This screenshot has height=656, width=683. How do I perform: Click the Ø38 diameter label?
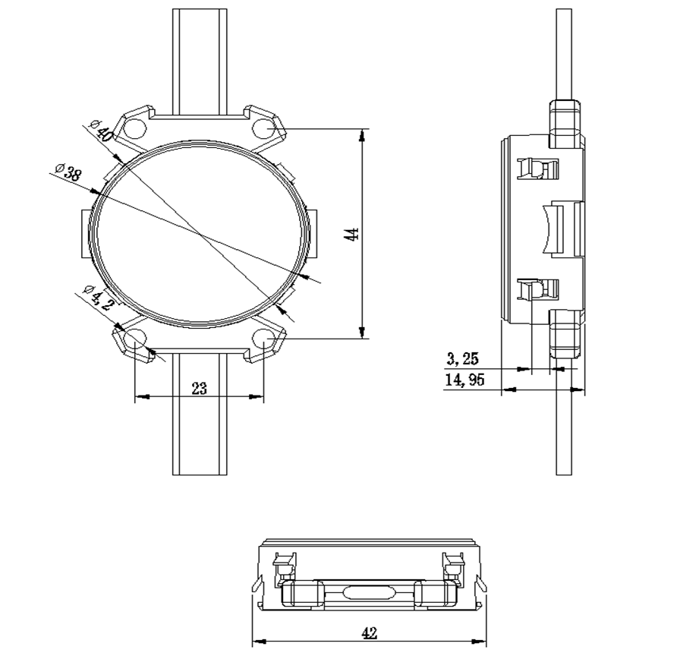coord(68,172)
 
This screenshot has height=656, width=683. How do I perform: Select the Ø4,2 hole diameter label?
coord(98,296)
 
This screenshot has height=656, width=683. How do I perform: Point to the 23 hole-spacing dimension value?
coord(199,388)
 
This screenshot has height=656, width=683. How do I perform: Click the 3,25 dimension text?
coord(462,358)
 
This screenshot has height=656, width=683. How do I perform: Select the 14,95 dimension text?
coord(464,379)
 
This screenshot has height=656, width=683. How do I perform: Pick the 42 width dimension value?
coord(370,633)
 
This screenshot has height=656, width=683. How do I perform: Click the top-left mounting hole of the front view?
coord(134,128)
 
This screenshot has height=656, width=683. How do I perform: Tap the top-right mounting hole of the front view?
coord(264,128)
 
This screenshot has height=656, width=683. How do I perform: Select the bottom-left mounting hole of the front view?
coord(134,339)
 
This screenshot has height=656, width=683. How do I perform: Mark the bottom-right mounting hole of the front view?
coord(264,339)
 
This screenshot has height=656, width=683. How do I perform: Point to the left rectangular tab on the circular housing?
coord(87,234)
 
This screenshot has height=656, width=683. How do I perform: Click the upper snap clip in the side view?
coord(537,169)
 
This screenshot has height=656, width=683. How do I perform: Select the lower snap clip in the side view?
coord(537,290)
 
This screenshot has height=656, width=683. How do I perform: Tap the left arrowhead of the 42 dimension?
coord(260,641)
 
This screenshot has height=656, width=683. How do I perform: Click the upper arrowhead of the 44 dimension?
coord(362,136)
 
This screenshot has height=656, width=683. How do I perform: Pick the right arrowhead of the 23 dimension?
coord(257,396)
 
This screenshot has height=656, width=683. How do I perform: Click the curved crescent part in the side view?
coord(547,229)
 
